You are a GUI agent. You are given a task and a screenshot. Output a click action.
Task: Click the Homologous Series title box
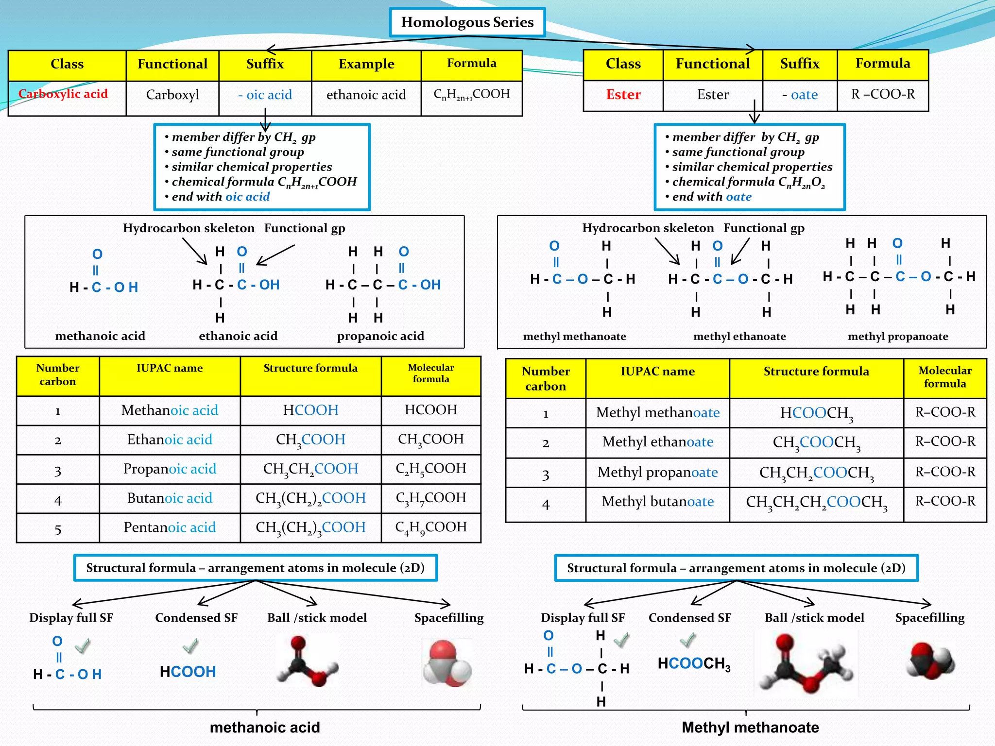467,22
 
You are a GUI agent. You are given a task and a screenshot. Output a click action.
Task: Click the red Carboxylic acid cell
63,94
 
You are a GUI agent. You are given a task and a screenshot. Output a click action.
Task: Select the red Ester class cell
623,95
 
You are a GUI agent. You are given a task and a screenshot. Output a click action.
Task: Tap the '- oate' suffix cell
800,95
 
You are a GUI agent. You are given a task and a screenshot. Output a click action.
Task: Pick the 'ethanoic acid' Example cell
366,95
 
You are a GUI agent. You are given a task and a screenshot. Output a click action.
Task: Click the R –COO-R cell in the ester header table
882,94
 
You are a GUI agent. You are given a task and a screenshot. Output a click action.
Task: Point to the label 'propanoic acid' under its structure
380,336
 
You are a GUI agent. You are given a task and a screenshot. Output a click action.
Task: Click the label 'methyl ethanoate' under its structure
739,337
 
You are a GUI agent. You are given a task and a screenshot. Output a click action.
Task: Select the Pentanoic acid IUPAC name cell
170,527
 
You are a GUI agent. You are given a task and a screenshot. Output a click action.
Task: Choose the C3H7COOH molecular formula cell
430,498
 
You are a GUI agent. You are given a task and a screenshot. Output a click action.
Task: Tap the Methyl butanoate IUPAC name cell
657,502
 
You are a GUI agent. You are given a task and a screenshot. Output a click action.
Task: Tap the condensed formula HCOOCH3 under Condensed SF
693,664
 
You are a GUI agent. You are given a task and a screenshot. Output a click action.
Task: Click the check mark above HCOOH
190,646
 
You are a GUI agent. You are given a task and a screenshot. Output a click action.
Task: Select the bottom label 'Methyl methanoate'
750,727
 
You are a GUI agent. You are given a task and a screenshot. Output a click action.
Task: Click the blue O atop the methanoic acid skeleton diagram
97,254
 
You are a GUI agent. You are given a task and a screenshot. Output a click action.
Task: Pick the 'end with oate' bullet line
711,197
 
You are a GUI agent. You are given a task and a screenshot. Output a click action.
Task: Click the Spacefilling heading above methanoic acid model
448,618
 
